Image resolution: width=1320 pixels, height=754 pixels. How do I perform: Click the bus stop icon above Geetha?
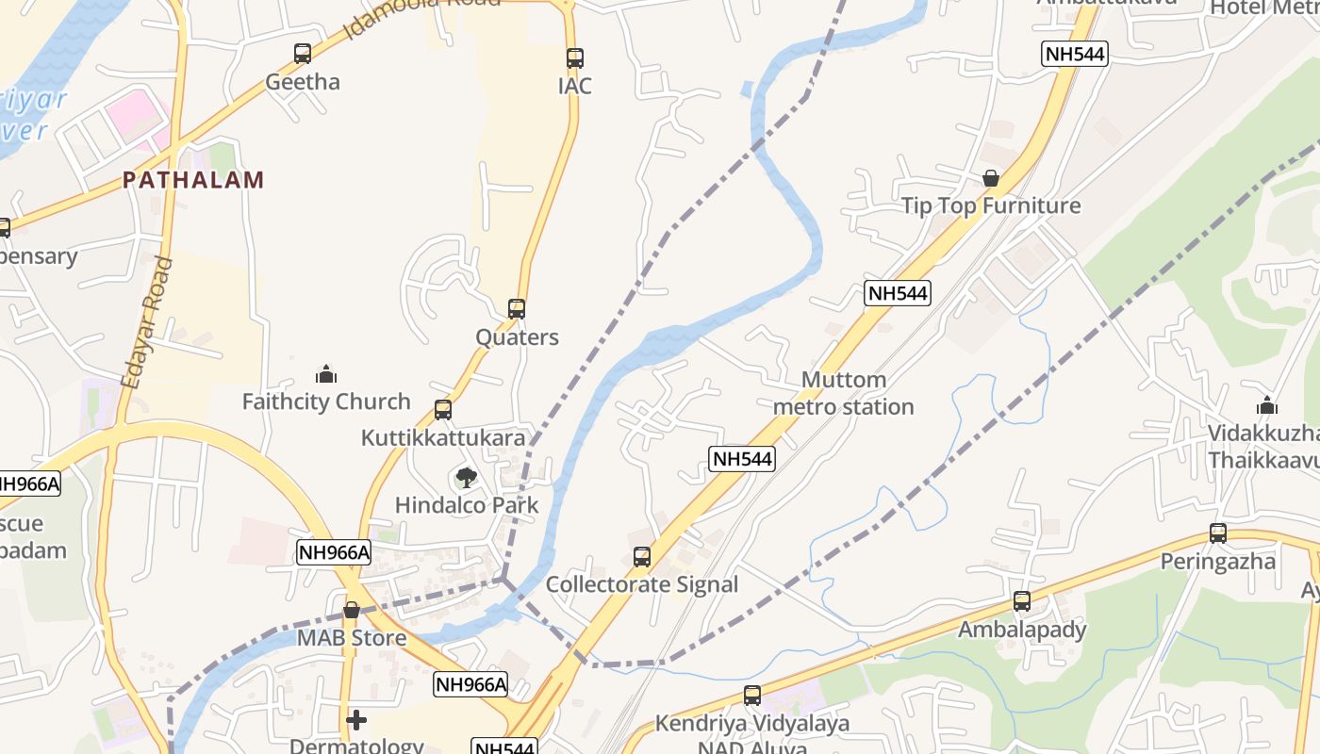(302, 54)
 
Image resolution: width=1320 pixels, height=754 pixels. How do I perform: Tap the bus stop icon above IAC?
(575, 57)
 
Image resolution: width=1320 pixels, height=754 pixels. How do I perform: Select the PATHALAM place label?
(193, 180)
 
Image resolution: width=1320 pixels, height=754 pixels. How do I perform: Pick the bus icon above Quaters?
(517, 309)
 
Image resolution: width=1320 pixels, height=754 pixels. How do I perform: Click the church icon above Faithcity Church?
(326, 374)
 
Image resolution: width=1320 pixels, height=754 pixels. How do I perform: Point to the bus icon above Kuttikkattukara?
(443, 410)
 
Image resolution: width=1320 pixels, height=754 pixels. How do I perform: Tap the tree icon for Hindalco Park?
(466, 478)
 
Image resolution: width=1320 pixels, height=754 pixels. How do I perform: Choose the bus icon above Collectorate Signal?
(642, 557)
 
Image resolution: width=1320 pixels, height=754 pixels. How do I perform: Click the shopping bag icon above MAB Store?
(352, 611)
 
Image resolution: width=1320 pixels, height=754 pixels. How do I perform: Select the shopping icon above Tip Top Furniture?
(991, 178)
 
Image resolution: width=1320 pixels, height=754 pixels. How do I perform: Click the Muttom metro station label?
(843, 394)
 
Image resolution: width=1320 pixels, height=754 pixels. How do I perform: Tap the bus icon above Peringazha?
(1218, 533)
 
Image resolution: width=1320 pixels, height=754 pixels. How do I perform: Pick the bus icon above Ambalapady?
(1022, 601)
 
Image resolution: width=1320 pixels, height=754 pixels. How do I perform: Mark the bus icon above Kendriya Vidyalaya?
(752, 696)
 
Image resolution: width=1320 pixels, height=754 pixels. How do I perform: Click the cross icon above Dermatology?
(356, 720)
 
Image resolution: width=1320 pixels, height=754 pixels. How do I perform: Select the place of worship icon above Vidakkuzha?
(1267, 405)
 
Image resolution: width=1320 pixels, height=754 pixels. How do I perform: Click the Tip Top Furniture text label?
(991, 206)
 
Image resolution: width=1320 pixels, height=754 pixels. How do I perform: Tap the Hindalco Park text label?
(467, 505)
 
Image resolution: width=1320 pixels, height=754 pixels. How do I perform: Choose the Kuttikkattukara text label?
(443, 438)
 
